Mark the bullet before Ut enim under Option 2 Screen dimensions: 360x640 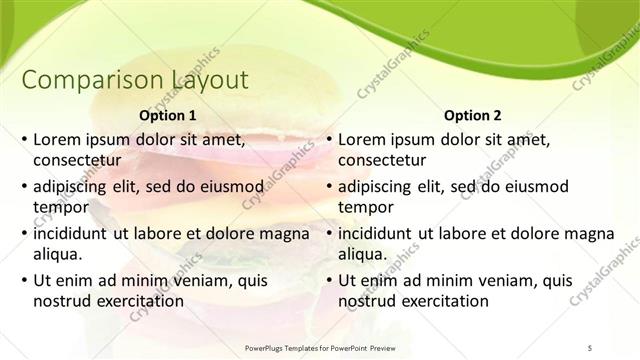tap(327, 282)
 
